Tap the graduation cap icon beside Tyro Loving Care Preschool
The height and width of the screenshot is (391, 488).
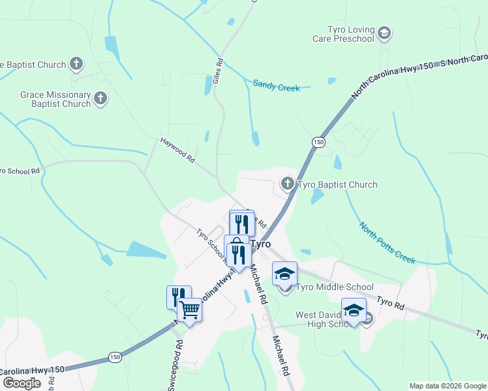pos(385,33)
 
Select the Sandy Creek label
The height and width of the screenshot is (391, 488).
pos(276,85)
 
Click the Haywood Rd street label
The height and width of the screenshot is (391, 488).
pos(178,149)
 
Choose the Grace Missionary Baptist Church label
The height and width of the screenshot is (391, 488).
pos(55,99)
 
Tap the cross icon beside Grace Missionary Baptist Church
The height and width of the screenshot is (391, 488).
pos(100,99)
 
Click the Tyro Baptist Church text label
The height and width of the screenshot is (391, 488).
pos(337,184)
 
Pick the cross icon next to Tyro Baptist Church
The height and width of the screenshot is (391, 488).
pos(288,184)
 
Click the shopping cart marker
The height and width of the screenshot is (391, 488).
pos(189,310)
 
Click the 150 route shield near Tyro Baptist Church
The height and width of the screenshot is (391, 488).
pos(318,143)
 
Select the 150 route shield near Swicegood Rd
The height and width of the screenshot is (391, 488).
pos(115,357)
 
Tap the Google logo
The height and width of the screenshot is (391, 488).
pos(22,383)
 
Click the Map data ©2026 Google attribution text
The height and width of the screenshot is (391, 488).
pos(447,386)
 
